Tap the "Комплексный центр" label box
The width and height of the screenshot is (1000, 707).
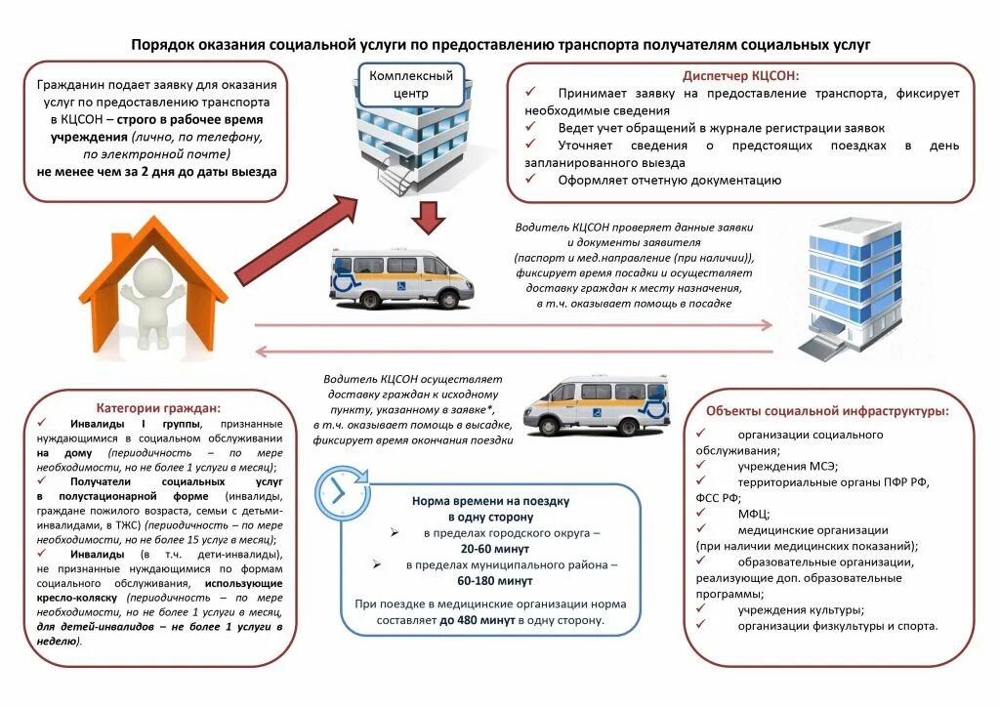pos(410,85)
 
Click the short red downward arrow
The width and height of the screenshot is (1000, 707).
pos(427,218)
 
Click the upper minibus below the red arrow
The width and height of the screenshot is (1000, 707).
pos(400,277)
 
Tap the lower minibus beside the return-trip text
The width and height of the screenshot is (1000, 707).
pos(596,402)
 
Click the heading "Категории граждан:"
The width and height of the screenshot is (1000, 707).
pos(158,407)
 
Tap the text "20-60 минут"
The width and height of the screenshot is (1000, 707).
pos(491,550)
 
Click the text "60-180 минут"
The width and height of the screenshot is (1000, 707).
pos(491,581)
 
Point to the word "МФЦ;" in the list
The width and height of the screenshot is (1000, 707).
pos(754,514)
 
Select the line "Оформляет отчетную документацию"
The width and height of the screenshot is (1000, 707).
pos(670,180)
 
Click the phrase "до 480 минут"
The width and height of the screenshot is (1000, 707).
pos(478,620)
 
